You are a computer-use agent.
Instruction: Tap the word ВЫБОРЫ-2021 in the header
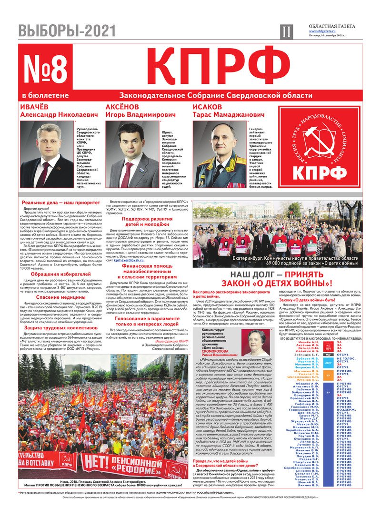67,31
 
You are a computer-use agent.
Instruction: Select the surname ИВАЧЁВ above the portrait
35,107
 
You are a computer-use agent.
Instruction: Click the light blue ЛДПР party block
328,363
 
